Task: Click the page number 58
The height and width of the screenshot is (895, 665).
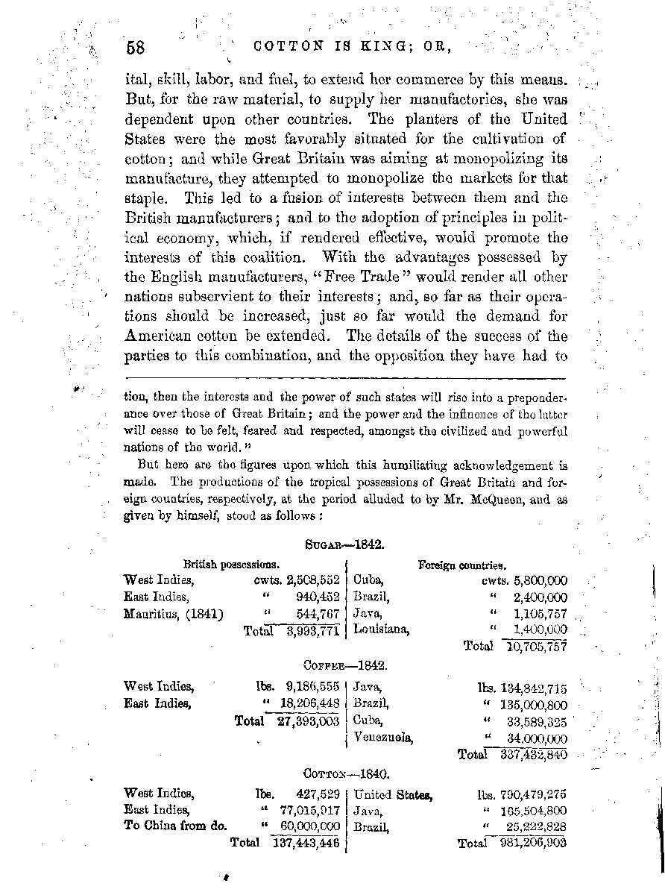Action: coord(135,45)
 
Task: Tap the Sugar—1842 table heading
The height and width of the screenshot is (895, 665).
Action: coord(344,546)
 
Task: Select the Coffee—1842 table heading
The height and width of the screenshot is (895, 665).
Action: coord(344,665)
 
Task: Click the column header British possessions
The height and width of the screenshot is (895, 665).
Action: coord(231,565)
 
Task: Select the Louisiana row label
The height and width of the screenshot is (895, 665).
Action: coord(381,630)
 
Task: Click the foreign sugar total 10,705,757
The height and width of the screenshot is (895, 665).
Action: coord(536,647)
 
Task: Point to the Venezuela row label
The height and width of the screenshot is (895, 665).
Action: coord(383,738)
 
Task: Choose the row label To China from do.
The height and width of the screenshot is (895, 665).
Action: coord(175,826)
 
